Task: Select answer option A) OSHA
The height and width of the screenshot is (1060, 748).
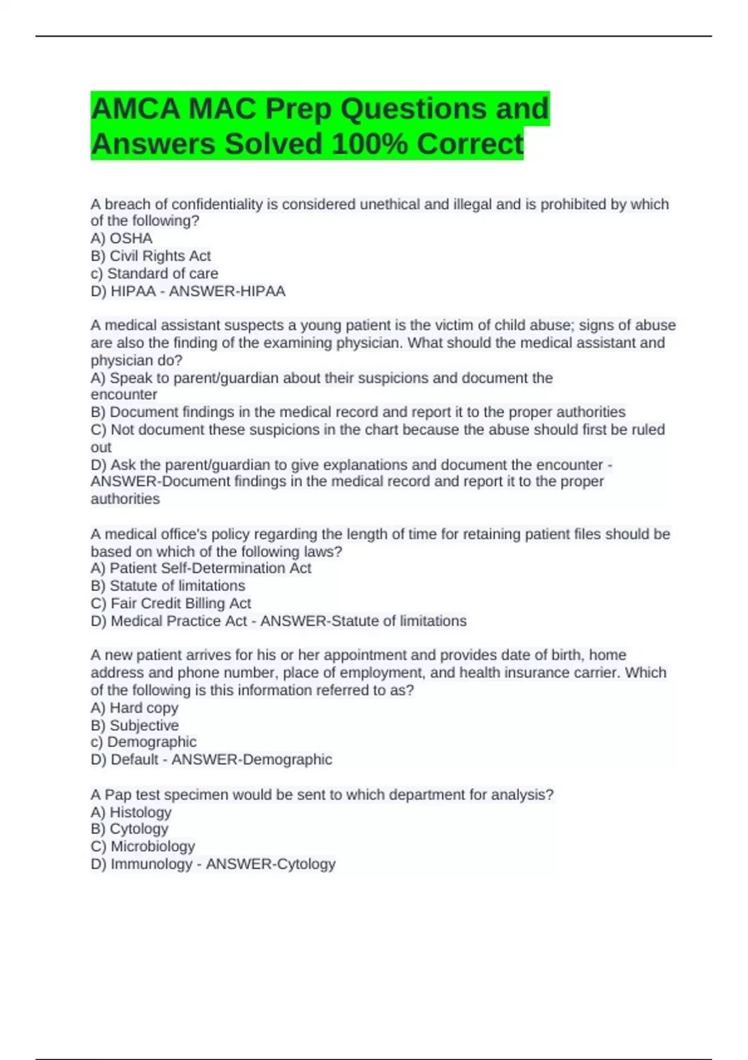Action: [x=122, y=238]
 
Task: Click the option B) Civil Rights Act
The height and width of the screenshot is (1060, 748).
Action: [x=151, y=256]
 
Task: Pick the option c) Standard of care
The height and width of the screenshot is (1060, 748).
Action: [x=155, y=273]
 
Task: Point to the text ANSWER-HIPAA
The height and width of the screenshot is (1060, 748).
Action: [x=227, y=291]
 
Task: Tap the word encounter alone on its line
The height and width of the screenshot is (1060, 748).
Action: [x=123, y=395]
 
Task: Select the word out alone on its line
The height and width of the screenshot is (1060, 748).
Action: [x=101, y=447]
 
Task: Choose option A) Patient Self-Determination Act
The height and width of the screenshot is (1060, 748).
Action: [x=201, y=568]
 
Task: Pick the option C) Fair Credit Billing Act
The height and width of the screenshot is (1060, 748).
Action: [x=171, y=603]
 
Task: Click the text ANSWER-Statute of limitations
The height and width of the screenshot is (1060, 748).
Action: [x=363, y=621]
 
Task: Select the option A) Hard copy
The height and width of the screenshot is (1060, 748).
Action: [x=135, y=708]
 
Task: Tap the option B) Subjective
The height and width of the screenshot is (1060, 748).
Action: [x=135, y=725]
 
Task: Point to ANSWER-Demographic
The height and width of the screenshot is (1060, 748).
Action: [x=252, y=759]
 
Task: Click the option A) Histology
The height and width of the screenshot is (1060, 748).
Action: [x=131, y=812]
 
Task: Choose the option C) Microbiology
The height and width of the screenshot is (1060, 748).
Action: [x=143, y=846]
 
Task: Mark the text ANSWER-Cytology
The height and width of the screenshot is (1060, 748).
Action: [x=271, y=864]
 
